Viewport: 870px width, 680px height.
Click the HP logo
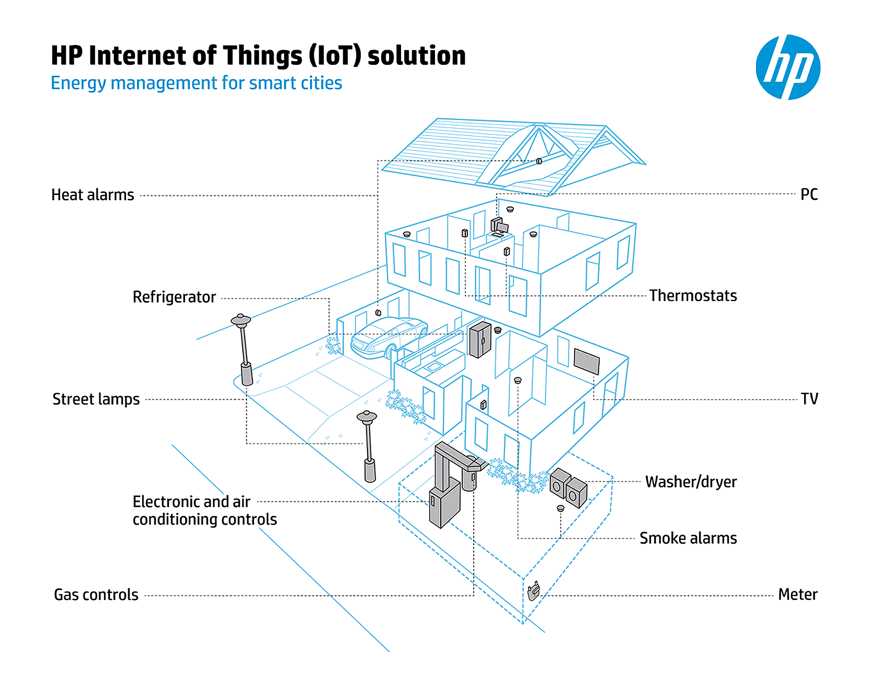point(787,67)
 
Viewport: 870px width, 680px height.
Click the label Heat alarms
point(93,195)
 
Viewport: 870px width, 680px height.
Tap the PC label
point(809,194)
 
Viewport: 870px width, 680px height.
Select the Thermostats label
point(693,296)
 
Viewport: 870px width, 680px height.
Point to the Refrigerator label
point(174,297)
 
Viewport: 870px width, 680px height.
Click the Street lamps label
point(96,399)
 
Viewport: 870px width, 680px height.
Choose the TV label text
point(809,399)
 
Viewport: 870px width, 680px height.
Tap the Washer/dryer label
point(691,482)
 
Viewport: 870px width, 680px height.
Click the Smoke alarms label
point(688,538)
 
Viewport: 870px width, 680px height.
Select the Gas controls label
point(96,595)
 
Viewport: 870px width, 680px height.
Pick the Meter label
point(797,595)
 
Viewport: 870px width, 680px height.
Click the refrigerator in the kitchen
point(479,340)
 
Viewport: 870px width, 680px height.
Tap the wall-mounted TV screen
point(587,361)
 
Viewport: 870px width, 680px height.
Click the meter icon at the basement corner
point(533,592)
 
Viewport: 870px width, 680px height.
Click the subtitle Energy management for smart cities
point(196,83)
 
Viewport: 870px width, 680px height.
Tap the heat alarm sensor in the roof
point(539,161)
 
